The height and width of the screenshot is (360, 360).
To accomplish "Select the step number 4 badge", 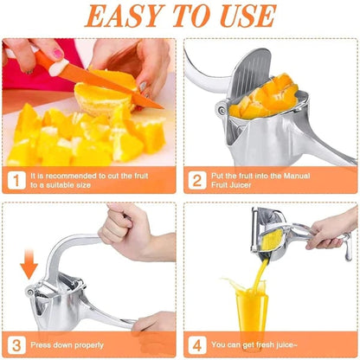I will pos(196,343).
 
